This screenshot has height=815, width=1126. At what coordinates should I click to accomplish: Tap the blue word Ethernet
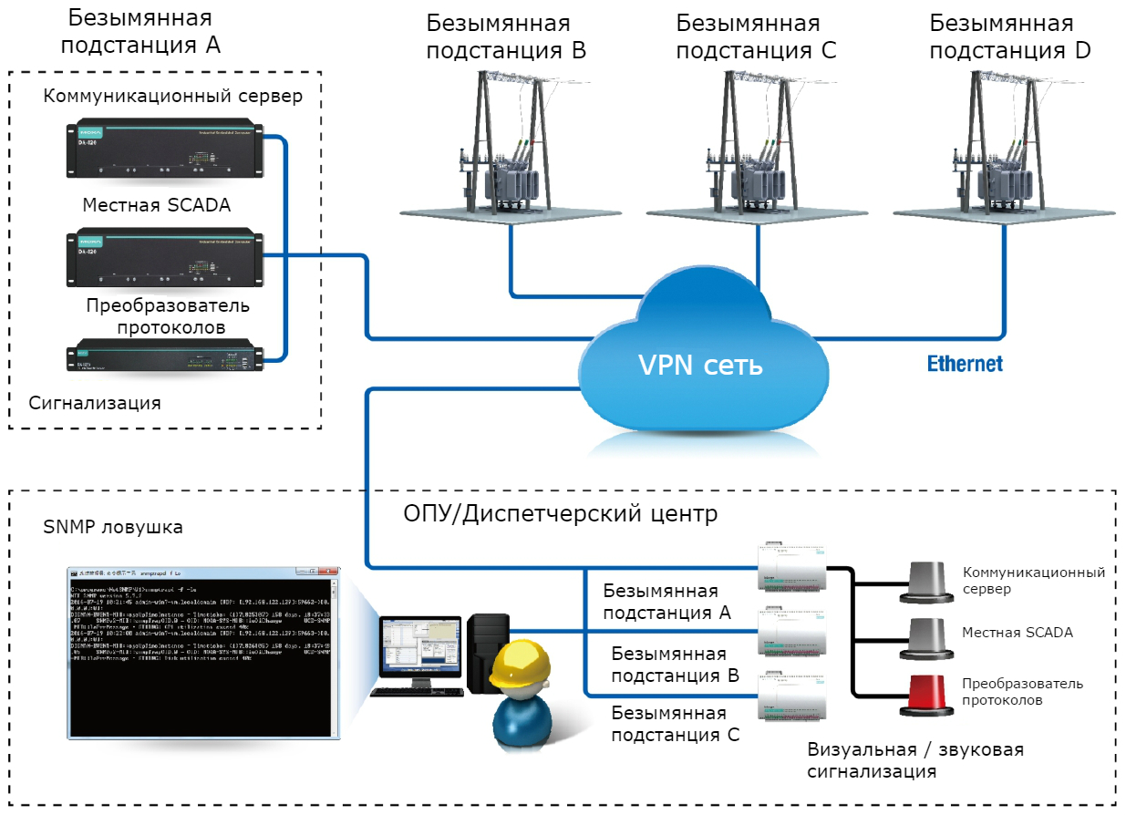coord(965,364)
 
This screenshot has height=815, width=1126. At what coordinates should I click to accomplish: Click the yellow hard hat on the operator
coord(516,666)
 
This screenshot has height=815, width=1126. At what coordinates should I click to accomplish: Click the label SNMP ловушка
coord(113,527)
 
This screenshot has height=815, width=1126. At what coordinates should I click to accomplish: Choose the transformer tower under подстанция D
coord(1004,146)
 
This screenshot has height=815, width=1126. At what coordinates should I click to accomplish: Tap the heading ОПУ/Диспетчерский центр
coord(560,513)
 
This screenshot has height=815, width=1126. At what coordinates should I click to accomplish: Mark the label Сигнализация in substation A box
coord(95,402)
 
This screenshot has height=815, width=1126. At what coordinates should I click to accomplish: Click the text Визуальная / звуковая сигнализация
coord(915,760)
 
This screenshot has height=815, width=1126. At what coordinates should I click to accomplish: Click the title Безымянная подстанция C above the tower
coord(756,36)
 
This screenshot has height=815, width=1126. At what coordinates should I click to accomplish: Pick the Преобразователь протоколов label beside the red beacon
coord(1022,692)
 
